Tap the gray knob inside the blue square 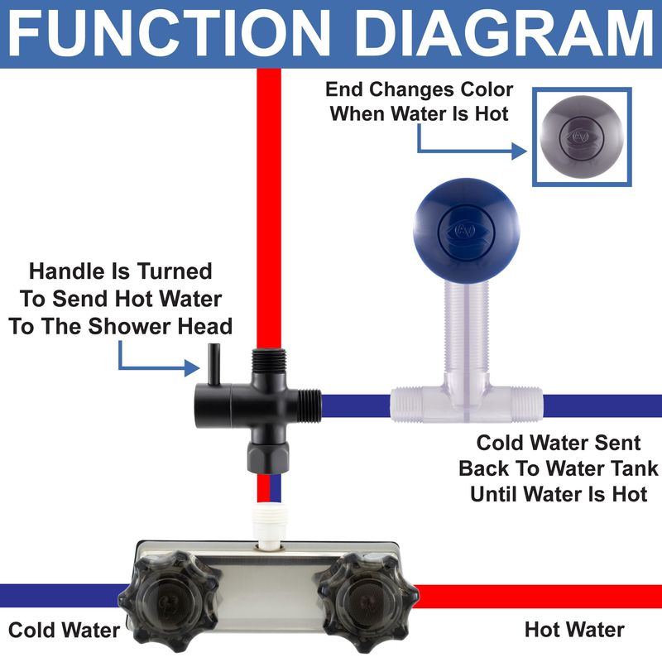(x=582, y=137)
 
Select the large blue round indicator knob (x=467, y=230)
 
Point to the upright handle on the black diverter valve (x=214, y=364)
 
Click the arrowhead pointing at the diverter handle (x=192, y=368)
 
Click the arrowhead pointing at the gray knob (x=519, y=151)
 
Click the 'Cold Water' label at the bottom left (x=65, y=631)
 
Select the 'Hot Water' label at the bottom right (x=574, y=630)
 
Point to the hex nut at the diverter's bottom (x=268, y=458)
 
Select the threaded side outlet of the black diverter (x=309, y=405)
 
